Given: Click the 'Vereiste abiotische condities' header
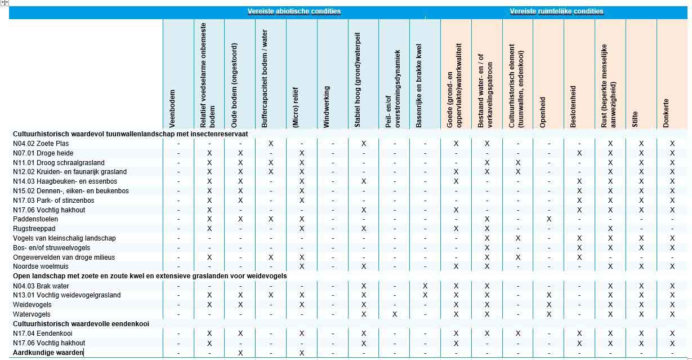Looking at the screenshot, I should pos(294,11).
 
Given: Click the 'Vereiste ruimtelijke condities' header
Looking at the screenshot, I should pos(556,11).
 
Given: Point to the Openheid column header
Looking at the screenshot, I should pos(543,107).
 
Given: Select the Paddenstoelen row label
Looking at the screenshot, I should pos(35,219).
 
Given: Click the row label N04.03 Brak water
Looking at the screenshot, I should pos(41,286).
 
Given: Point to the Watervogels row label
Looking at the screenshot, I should pos(32,314).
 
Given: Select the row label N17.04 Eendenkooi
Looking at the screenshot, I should pos(42,333).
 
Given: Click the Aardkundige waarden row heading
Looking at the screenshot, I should pos(48,352).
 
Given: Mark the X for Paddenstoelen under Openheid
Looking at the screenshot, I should pos(549,219).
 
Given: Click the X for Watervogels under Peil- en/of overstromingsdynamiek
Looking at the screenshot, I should pos(394,314).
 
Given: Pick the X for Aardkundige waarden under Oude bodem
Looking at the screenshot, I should pos(240,353).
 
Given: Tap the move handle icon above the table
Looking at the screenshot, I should pos(5,3).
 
